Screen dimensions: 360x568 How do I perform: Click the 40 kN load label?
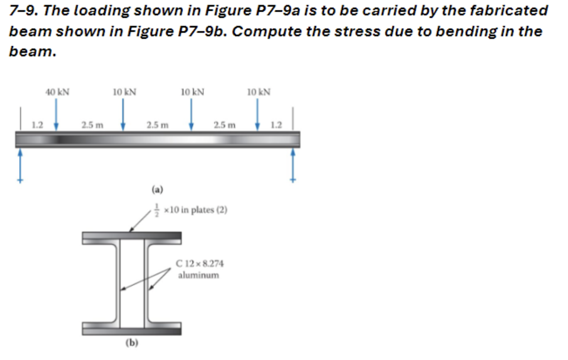57,92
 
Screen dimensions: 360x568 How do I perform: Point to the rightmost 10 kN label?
259,92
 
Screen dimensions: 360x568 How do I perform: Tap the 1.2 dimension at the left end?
37,124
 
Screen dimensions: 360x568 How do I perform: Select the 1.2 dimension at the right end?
276,124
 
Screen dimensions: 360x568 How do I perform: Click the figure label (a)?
157,190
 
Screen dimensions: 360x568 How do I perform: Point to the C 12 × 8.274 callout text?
200,264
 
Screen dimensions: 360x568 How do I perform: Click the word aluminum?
198,275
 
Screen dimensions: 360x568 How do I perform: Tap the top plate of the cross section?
132,236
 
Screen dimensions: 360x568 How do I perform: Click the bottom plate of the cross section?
132,331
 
